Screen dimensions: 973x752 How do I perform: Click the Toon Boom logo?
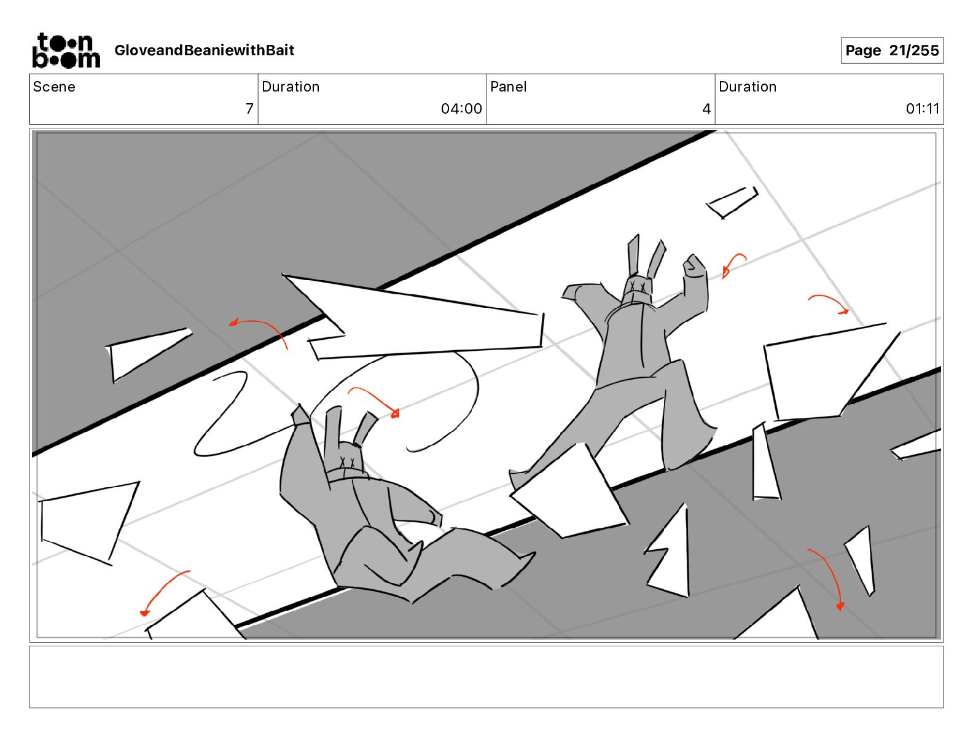click(x=66, y=50)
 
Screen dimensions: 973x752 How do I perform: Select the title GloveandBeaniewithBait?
click(x=204, y=50)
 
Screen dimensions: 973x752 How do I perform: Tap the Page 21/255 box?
click(x=891, y=50)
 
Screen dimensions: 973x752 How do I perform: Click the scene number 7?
click(x=249, y=108)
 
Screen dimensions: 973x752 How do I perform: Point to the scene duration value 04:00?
click(x=461, y=108)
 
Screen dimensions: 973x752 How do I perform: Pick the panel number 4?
click(x=706, y=108)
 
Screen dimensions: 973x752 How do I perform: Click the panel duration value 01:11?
click(x=923, y=108)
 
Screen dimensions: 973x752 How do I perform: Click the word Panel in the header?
click(x=508, y=87)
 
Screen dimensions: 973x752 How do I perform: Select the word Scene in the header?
click(x=54, y=87)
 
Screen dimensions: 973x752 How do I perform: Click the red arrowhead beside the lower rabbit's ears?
click(x=394, y=413)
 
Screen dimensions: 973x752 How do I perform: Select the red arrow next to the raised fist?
click(x=732, y=264)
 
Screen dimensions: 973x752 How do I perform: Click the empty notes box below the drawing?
click(x=486, y=677)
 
